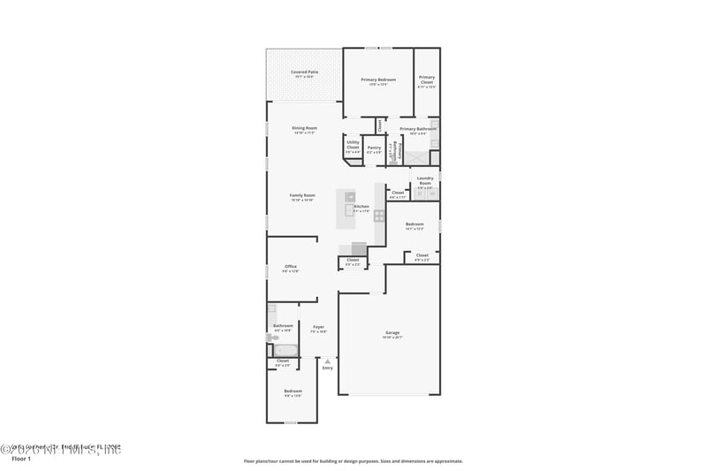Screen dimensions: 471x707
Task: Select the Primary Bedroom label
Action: pyautogui.click(x=378, y=81)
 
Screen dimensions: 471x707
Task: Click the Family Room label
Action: pyautogui.click(x=302, y=197)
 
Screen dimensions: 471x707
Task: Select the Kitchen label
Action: pyautogui.click(x=361, y=208)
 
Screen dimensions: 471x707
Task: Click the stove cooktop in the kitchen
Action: pyautogui.click(x=379, y=215)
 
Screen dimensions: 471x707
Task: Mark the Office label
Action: pyautogui.click(x=291, y=268)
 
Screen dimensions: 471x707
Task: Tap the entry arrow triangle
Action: pyautogui.click(x=328, y=361)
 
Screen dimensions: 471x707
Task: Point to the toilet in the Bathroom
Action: pyautogui.click(x=272, y=337)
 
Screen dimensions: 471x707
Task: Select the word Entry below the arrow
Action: pyautogui.click(x=328, y=368)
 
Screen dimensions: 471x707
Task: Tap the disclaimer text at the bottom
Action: pyautogui.click(x=353, y=460)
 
